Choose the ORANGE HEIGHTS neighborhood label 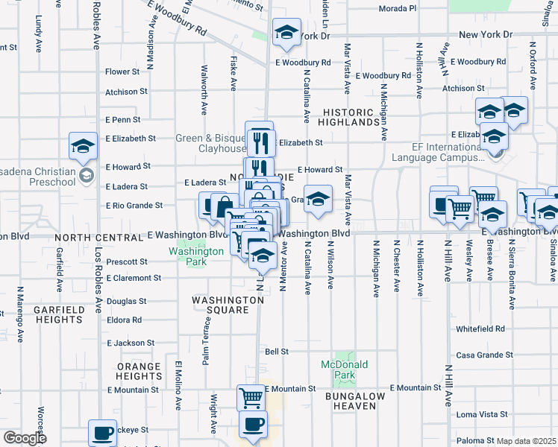pyautogui.click(x=139, y=372)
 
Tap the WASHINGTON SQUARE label pyautogui.click(x=228, y=305)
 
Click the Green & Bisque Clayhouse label pyautogui.click(x=210, y=143)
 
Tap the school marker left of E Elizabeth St pyautogui.click(x=84, y=145)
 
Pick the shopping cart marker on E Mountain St pyautogui.click(x=251, y=397)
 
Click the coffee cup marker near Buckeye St pyautogui.click(x=102, y=432)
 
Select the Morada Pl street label pyautogui.click(x=397, y=8)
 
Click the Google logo pyautogui.click(x=25, y=438)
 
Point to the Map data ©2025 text pyautogui.click(x=527, y=441)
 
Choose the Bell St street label pyautogui.click(x=277, y=351)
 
